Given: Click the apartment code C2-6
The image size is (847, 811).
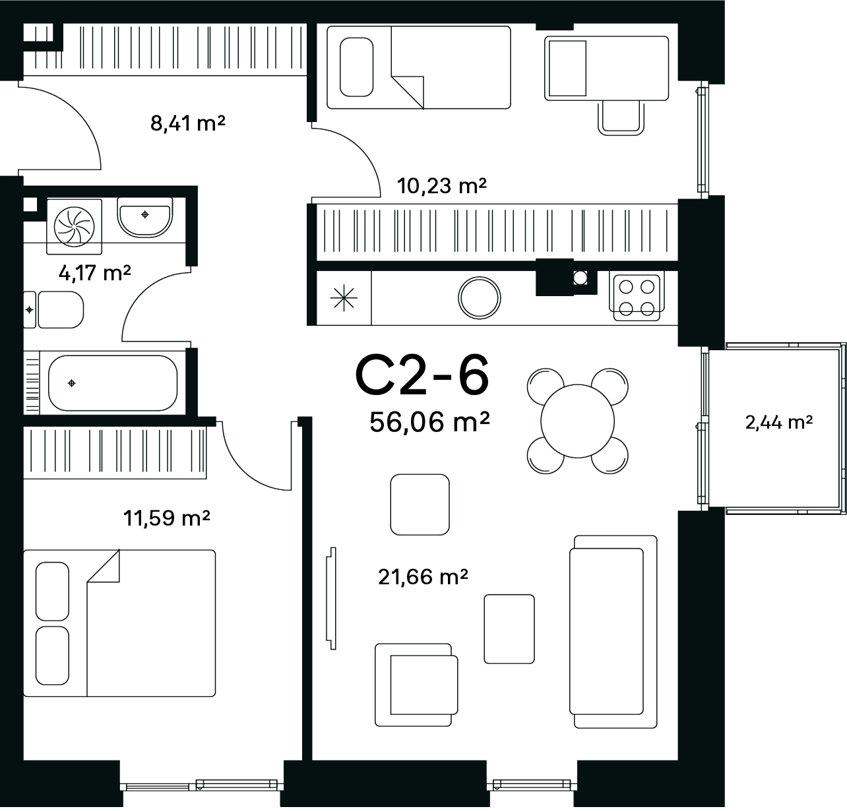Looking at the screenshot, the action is tap(422, 375).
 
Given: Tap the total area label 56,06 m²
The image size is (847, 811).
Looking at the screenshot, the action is tap(429, 421).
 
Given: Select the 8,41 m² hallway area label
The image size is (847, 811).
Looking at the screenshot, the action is tap(187, 123).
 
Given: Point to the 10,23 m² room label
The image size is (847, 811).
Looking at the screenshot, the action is tap(441, 186).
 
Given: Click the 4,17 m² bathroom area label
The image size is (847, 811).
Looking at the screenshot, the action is tap(94, 273).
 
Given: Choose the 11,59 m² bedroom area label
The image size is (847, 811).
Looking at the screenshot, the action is tap(167, 518).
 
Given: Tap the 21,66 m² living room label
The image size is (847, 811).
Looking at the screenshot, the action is tap(423, 577).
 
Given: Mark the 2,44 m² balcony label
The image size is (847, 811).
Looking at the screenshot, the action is tap(779, 422).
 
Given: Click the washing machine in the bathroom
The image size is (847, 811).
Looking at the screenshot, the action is tap(75, 227).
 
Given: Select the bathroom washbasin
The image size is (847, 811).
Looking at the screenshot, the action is tap(145, 218).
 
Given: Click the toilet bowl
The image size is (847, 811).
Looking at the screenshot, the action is tap(60, 310).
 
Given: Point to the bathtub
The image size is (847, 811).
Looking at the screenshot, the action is tap(113, 383).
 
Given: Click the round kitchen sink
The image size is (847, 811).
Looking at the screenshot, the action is tap(479, 298).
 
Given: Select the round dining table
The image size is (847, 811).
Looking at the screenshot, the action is tap(578, 421).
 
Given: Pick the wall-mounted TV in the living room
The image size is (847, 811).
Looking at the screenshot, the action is tap(332, 598).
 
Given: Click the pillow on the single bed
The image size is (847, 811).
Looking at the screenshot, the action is tap(356, 67).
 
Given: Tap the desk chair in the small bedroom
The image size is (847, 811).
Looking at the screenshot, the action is tap(621, 118).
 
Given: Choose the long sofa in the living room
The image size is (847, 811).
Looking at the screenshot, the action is tap(613, 632).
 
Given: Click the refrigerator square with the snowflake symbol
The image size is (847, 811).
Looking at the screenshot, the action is tap(344, 298).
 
